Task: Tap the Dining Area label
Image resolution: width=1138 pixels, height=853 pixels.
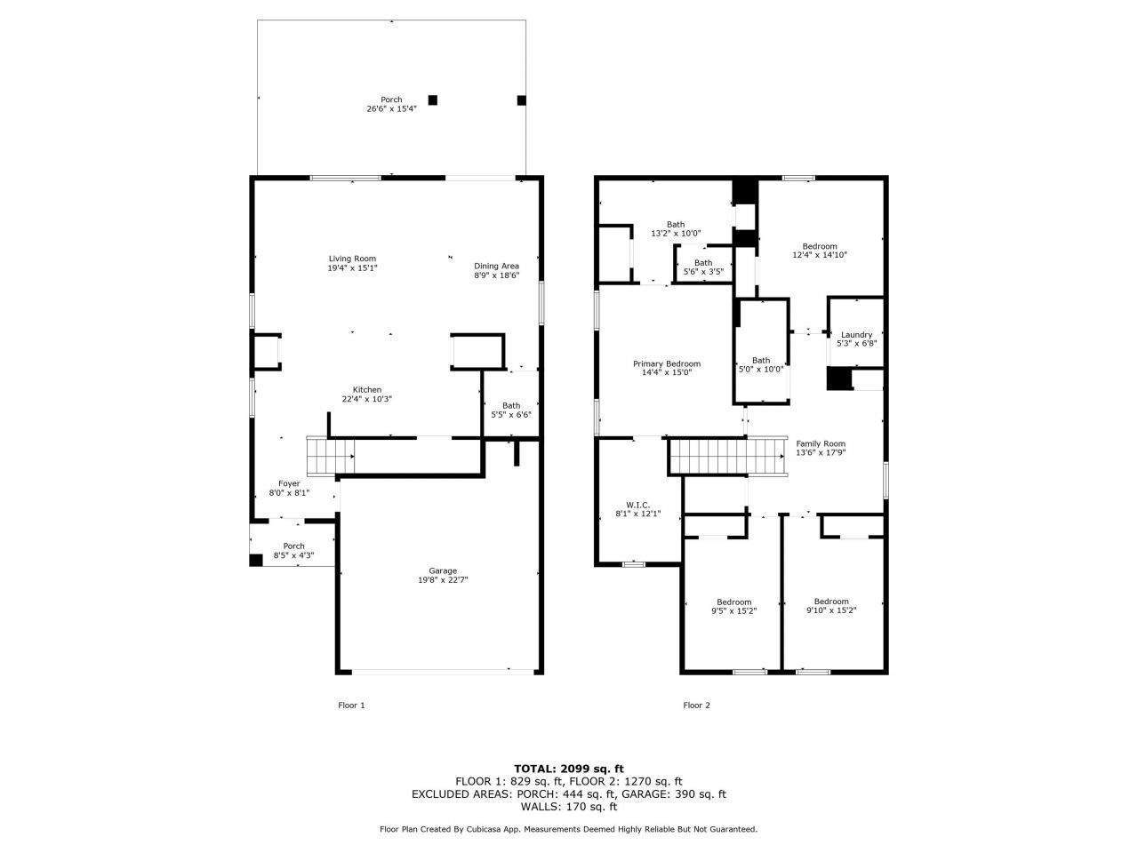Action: pos(496,266)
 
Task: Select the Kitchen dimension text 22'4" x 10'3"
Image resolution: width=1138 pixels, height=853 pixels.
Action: pos(366,400)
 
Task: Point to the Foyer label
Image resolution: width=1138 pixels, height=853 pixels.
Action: pos(289,483)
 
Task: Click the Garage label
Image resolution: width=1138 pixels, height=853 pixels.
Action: pos(443,570)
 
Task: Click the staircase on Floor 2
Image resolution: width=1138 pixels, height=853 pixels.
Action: pos(728,456)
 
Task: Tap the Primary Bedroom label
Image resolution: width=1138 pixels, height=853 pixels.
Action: pos(666,363)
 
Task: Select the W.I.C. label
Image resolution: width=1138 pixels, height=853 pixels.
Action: pos(638,505)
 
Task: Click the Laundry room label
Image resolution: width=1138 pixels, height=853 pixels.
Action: pos(856,335)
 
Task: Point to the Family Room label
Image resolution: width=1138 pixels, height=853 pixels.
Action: pos(820,443)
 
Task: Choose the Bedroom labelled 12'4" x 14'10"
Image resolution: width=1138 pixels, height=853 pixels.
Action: pos(819,246)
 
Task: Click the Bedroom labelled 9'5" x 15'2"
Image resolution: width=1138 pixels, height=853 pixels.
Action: pos(733,602)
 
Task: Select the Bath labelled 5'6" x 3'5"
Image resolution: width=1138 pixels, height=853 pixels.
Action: pos(702,263)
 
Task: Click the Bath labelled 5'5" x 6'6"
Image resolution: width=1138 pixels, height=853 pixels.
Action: pos(510,405)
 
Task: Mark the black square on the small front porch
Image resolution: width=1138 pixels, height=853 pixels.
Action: pos(256,560)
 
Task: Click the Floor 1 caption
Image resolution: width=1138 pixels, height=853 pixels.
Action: pos(351,706)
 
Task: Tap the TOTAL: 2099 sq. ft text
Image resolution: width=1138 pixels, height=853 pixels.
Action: pos(569,769)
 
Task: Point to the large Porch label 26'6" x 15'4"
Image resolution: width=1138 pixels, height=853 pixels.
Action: pos(391,100)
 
